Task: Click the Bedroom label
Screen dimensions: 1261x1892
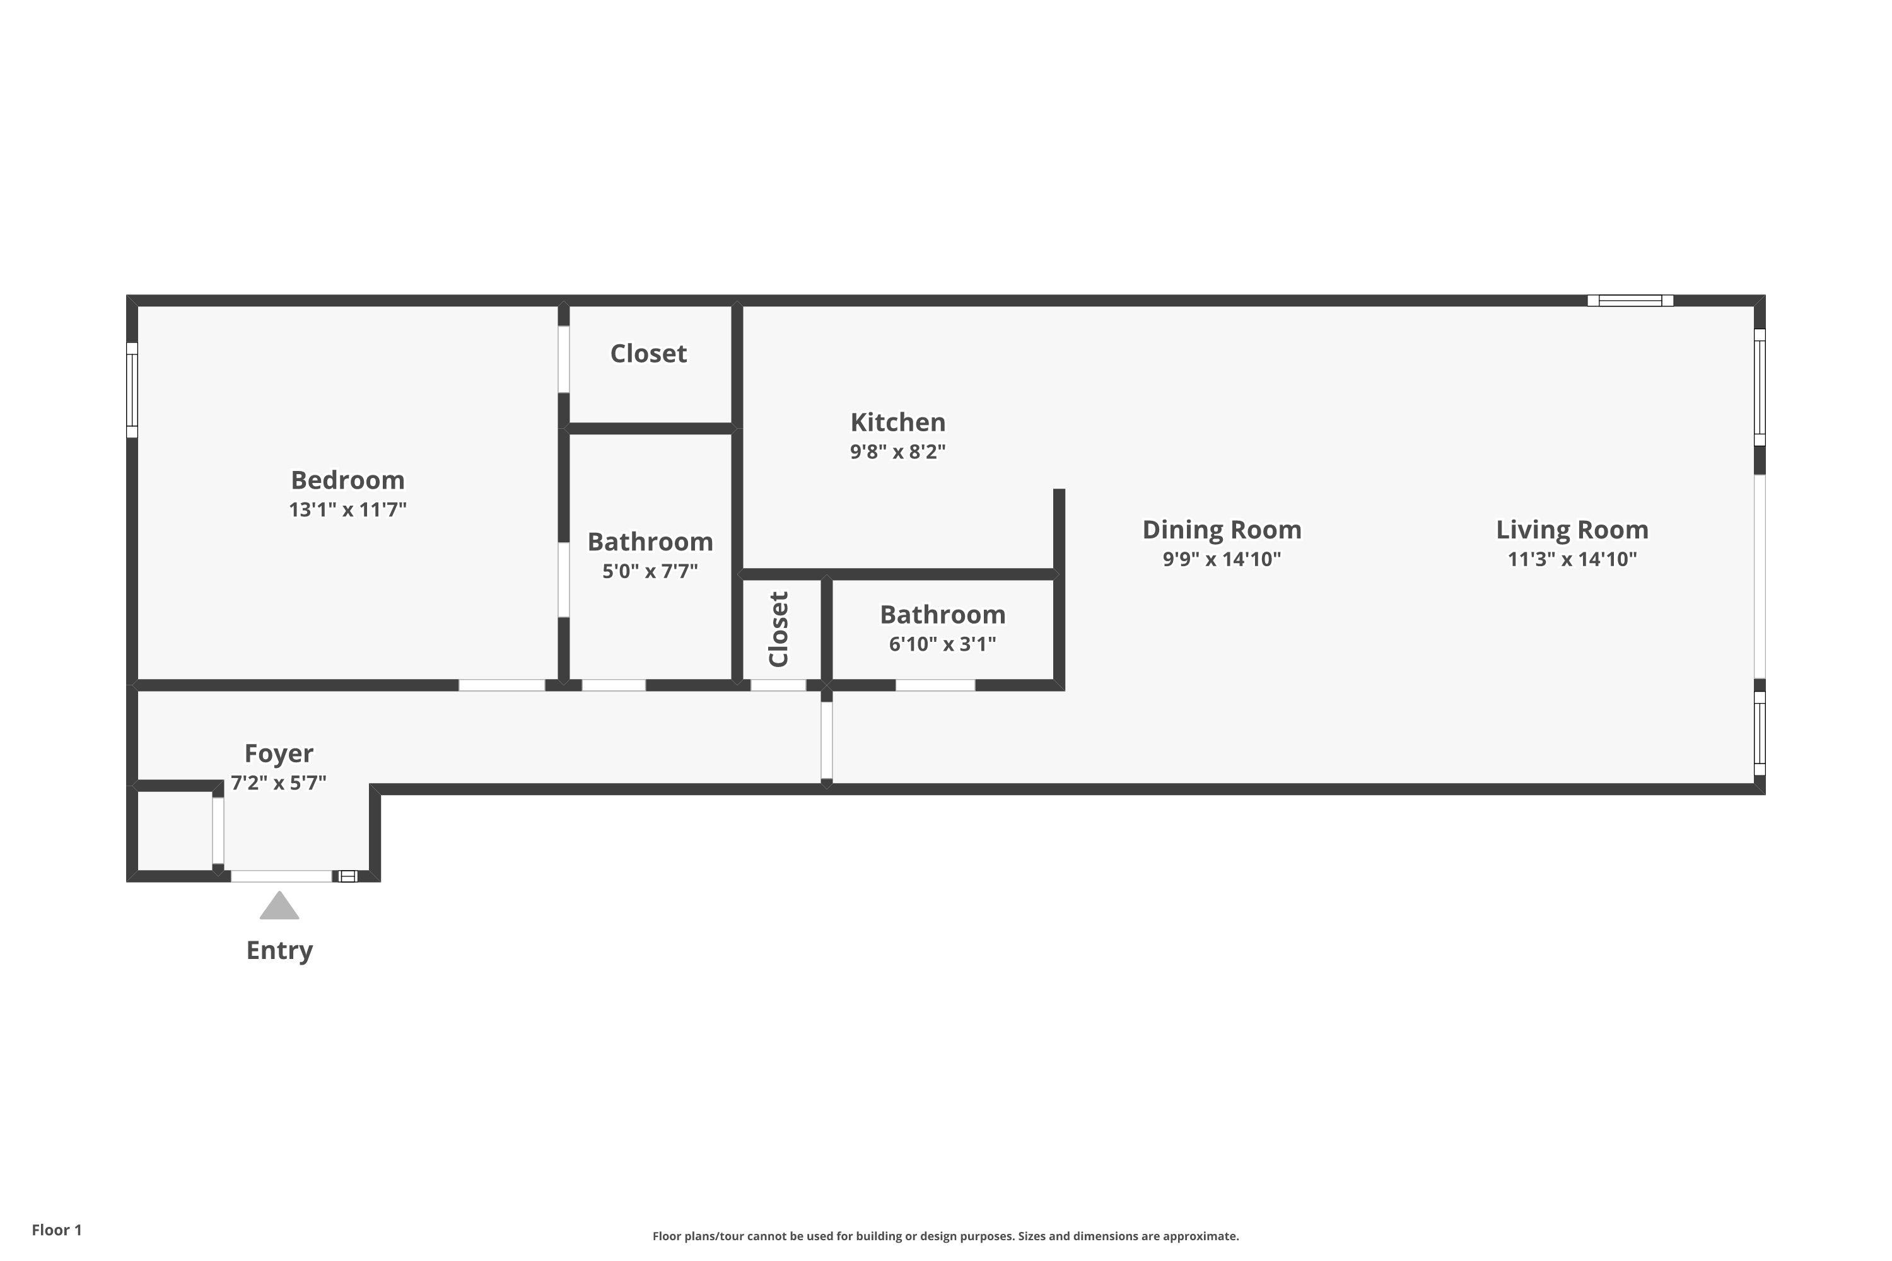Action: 347,480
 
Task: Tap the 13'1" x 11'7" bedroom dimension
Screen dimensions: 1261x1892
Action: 347,510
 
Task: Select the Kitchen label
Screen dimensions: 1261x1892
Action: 897,422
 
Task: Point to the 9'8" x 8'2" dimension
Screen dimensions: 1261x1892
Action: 897,452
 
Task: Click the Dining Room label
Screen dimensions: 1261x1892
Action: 1221,530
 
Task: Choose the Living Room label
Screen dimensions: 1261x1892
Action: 1572,530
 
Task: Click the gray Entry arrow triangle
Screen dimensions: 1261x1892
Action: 279,907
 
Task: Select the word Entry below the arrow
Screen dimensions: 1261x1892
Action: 279,951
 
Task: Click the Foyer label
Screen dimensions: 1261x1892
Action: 278,753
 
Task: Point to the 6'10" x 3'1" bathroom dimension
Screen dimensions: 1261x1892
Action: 942,644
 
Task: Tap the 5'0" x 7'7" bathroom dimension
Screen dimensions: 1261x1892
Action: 650,572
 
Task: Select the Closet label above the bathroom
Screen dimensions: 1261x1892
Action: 648,354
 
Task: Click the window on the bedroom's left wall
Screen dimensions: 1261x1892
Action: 132,390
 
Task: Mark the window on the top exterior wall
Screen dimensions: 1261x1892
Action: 1630,301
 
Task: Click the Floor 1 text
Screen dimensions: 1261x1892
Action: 56,1229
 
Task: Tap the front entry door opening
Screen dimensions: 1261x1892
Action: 281,876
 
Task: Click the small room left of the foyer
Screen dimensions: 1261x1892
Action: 175,831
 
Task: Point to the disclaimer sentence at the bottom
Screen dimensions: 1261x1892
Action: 945,1236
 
